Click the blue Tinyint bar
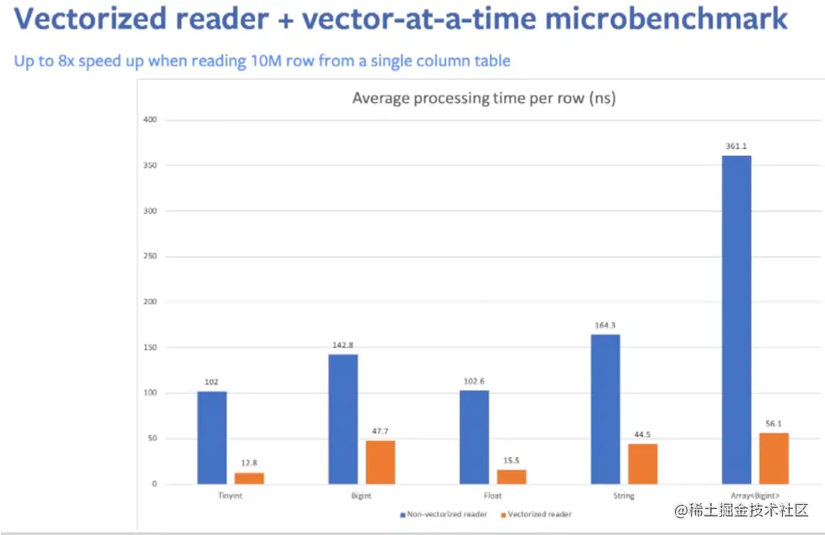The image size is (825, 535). coord(212,438)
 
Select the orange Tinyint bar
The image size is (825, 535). coord(249,478)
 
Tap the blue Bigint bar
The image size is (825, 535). coord(343,419)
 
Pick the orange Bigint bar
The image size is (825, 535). coord(380,462)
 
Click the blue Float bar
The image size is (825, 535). coord(475,437)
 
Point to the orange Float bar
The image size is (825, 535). coord(511,476)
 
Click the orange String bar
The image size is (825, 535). coord(642,464)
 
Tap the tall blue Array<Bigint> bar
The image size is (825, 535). coord(736,319)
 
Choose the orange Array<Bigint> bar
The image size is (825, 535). coord(774,459)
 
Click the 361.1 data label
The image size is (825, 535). coord(736,147)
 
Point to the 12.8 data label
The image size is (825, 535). coord(249,464)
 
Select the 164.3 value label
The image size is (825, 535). coord(605,326)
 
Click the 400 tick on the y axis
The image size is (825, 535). coord(151,121)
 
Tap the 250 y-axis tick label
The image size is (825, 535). coord(151,257)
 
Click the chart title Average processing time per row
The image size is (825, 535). coord(484,99)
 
